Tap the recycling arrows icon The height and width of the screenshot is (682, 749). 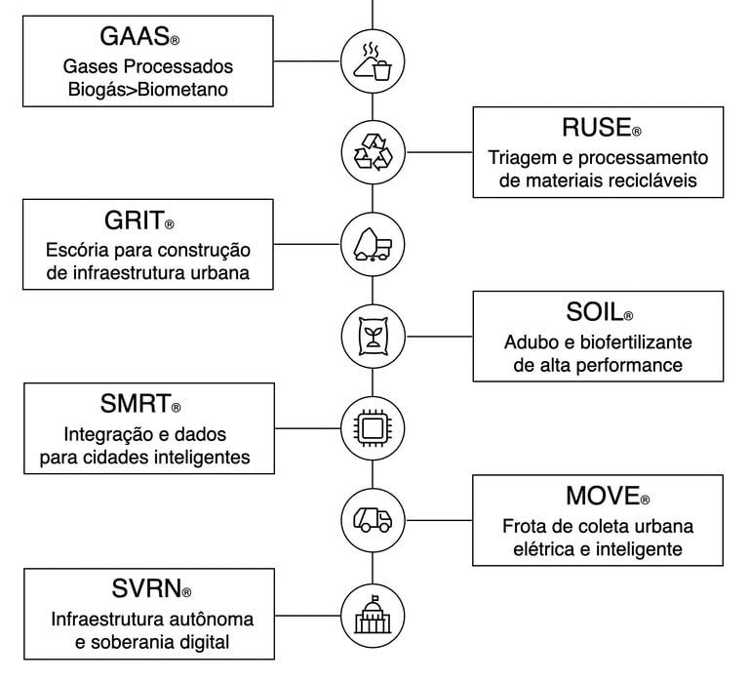tap(373, 152)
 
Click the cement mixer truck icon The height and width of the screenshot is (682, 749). tap(373, 244)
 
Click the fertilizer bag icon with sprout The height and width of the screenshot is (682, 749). tap(373, 337)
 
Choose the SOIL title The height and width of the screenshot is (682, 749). tap(595, 312)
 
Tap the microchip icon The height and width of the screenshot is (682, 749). tap(373, 427)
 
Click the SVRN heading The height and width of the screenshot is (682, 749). tap(146, 589)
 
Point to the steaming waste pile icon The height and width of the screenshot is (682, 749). tap(373, 60)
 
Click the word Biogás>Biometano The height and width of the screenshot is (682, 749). tap(150, 91)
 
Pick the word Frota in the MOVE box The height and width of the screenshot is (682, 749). tap(527, 526)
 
